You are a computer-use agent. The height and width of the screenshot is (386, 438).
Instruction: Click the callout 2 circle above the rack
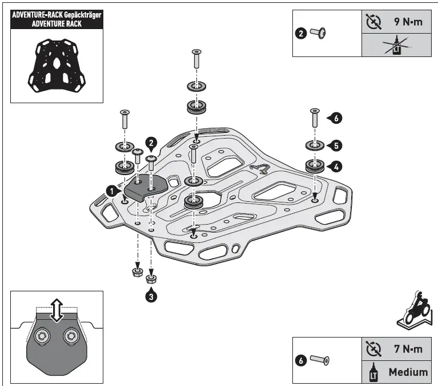[151, 143]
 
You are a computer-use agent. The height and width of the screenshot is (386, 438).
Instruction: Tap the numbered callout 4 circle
[336, 166]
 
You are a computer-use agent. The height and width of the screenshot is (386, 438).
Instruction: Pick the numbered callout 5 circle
[336, 146]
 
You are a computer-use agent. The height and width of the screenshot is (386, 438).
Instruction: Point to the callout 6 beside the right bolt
[336, 119]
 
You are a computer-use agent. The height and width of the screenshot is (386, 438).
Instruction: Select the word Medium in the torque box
[408, 372]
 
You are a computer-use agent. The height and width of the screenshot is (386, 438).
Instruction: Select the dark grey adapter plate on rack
[144, 188]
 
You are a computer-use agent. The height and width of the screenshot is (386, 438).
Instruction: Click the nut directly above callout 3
[151, 279]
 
